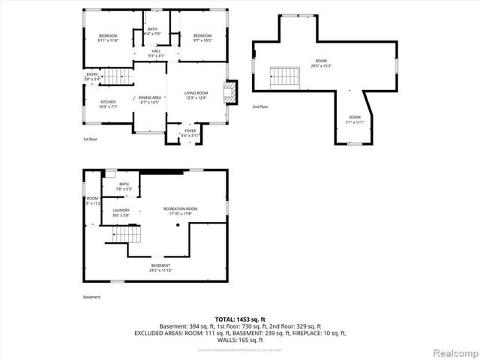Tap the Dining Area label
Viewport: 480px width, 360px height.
(x=151, y=100)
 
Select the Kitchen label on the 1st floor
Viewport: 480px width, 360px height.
(x=109, y=103)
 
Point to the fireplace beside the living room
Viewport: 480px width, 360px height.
(x=231, y=92)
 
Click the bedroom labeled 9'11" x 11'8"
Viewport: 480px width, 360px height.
(x=109, y=38)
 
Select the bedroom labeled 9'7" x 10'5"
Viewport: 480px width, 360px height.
(x=202, y=38)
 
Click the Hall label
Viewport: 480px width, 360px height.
(x=156, y=53)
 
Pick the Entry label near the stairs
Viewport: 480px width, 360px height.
(x=91, y=76)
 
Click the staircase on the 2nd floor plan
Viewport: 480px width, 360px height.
(x=283, y=76)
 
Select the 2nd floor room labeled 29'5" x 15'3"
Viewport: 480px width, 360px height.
(x=321, y=63)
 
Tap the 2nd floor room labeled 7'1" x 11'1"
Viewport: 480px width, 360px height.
(x=354, y=119)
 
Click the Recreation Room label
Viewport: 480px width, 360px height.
(x=181, y=211)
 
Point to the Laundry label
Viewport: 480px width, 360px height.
(x=121, y=212)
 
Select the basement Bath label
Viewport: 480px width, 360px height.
(x=124, y=186)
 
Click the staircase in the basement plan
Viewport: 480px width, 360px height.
(x=127, y=235)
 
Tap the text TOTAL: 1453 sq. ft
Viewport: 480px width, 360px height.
(x=239, y=319)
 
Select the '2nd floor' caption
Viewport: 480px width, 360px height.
(x=260, y=106)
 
